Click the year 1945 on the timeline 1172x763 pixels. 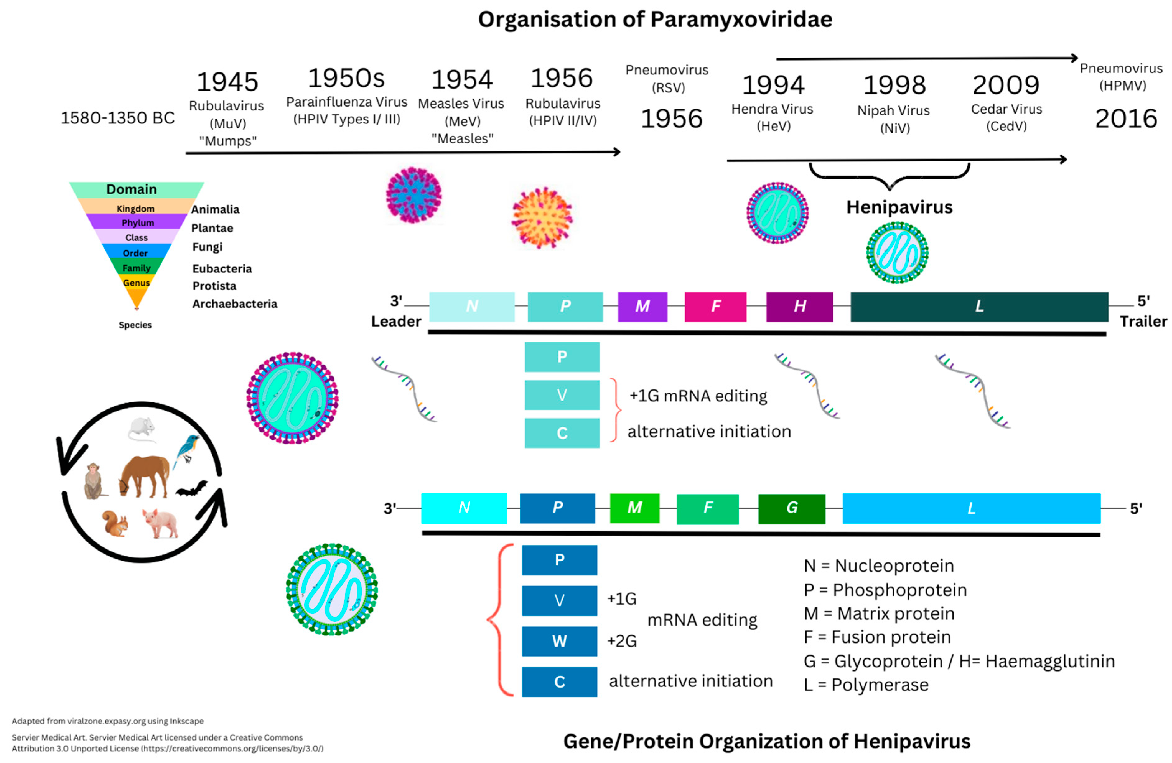227,82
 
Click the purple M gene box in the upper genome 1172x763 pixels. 642,306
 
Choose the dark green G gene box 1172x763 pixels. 791,508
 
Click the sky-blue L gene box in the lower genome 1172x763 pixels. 971,508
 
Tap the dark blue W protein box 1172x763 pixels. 559,641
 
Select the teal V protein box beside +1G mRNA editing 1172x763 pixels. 562,395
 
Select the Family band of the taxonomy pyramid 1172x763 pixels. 136,268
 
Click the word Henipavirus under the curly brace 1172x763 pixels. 899,207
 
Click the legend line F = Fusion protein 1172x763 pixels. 877,637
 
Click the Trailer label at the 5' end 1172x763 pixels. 1143,321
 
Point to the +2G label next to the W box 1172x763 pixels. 622,641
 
